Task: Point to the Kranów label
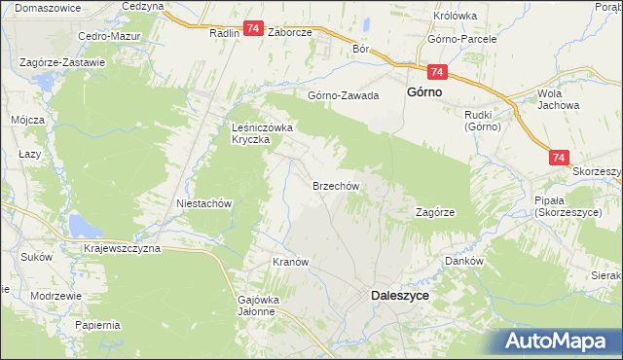pos(290,263)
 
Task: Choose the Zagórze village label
pos(435,211)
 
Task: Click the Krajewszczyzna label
pos(122,248)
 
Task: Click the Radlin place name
pos(224,31)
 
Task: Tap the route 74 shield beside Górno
pos(436,73)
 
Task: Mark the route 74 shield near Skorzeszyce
pos(558,156)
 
